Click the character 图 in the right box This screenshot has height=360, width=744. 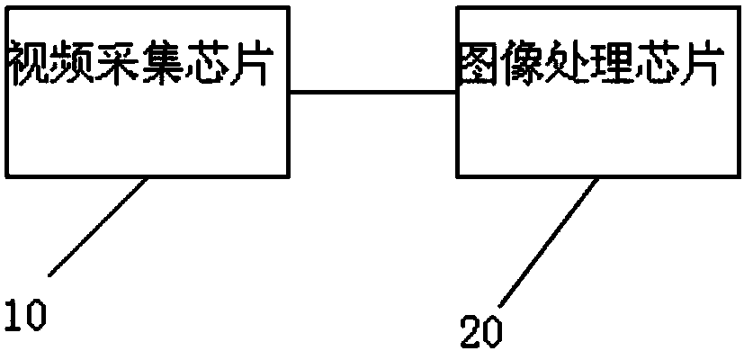coord(478,65)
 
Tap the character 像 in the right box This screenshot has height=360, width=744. coord(522,65)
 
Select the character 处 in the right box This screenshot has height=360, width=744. coord(567,65)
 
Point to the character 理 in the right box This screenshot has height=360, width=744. coord(612,65)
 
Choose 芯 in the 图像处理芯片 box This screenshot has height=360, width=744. coord(657,65)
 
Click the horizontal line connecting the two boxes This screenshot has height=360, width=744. coord(372,91)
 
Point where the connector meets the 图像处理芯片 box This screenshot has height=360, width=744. coord(457,91)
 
